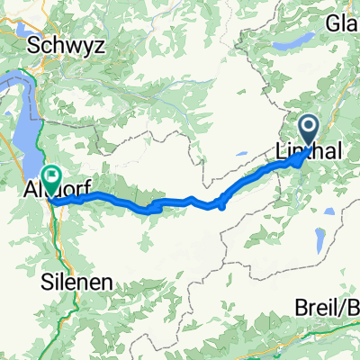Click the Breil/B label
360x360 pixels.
(x=328, y=308)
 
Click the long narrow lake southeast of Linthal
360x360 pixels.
(x=319, y=240)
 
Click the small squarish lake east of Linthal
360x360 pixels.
(x=333, y=211)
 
